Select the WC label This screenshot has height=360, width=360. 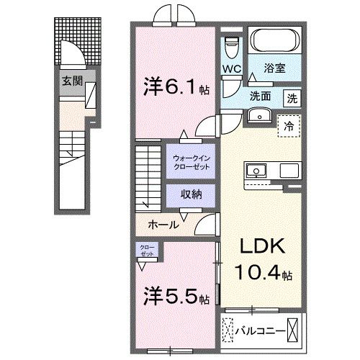tap(231, 69)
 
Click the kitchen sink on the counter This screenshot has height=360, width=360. tap(257, 171)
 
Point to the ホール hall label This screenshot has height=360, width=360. tap(163, 224)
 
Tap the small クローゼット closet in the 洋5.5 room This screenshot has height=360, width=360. tap(146, 252)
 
